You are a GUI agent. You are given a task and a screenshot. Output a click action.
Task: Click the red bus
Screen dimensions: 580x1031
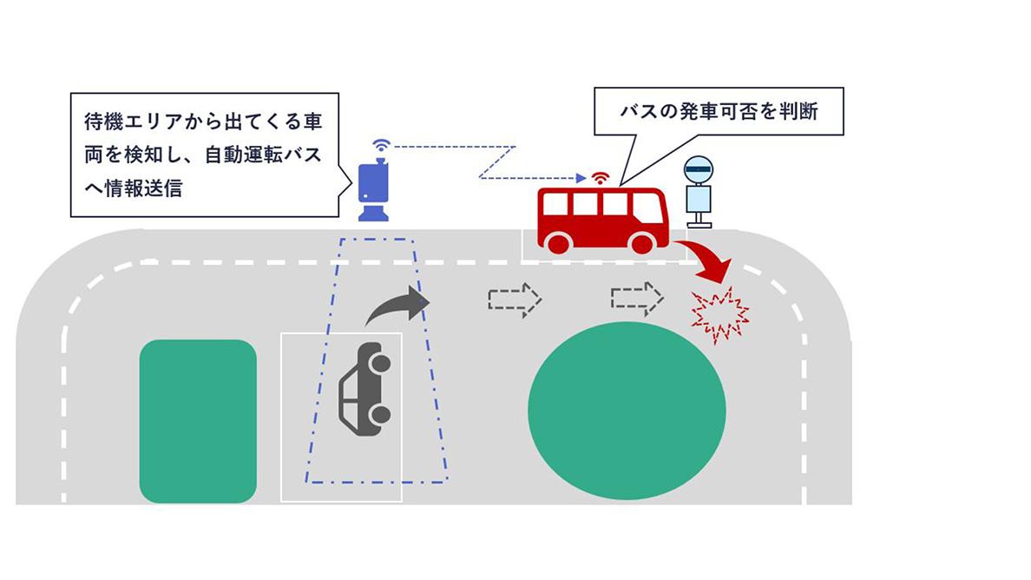tap(601, 218)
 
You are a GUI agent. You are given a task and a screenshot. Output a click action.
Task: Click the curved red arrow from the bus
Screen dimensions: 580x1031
tap(706, 261)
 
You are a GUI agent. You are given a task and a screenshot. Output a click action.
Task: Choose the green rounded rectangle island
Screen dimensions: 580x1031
tap(198, 421)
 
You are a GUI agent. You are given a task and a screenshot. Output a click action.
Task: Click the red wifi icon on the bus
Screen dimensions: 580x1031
tap(599, 179)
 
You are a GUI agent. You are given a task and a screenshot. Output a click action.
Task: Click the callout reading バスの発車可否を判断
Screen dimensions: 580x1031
tap(719, 111)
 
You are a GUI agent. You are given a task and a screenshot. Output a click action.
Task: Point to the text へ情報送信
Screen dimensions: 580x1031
tap(135, 188)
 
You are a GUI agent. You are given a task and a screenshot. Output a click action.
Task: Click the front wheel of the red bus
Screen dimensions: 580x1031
tap(642, 243)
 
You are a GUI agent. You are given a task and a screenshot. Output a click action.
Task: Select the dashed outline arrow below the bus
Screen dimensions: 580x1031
tap(637, 298)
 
